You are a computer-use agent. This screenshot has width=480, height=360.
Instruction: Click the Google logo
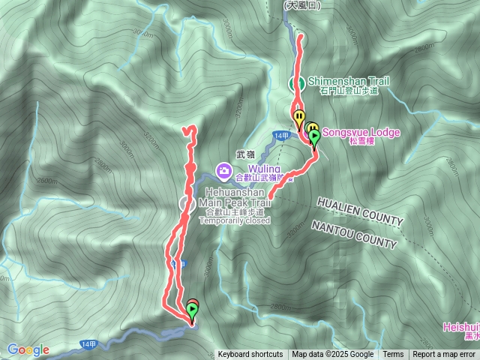click(x=28, y=349)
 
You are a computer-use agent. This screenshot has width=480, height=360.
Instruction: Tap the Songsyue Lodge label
click(x=361, y=132)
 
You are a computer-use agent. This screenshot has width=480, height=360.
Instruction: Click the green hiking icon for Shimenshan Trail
click(x=297, y=82)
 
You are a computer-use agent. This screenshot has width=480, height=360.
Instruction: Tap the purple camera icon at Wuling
click(x=223, y=172)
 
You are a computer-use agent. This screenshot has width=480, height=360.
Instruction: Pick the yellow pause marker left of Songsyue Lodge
click(x=299, y=118)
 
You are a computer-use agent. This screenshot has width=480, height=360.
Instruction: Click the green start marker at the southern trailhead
click(x=193, y=308)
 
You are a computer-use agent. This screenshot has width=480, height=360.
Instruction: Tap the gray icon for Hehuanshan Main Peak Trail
click(x=187, y=203)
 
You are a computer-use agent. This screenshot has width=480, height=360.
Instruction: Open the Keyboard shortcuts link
click(x=250, y=355)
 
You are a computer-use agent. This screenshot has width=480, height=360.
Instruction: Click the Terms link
click(x=393, y=355)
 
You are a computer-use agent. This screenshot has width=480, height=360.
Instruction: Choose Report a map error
click(x=444, y=355)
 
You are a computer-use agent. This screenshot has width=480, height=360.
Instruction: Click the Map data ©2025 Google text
click(x=333, y=355)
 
